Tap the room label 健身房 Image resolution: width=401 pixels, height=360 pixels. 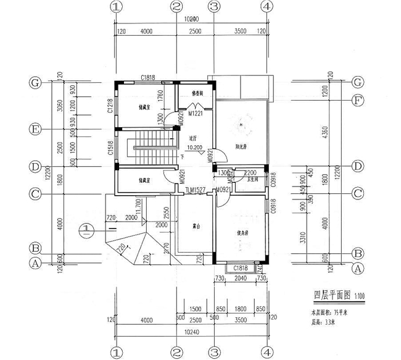click(242, 233)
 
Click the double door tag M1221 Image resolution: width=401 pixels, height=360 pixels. click(196, 114)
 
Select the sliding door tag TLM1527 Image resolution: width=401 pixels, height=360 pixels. click(196, 192)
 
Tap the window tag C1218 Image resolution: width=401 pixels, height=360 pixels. click(110, 106)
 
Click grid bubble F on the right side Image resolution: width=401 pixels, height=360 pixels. click(356, 99)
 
